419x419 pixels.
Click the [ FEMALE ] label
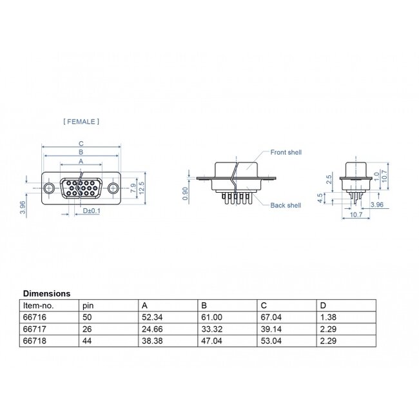tap(81, 121)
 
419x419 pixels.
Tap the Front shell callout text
tap(286, 152)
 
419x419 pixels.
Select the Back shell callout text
tap(286, 205)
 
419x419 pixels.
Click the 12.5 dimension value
tap(141, 187)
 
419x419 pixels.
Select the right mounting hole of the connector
tap(113, 188)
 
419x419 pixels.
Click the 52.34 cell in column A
tap(152, 318)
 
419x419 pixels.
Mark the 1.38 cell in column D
tap(327, 318)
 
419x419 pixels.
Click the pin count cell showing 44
tap(88, 339)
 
